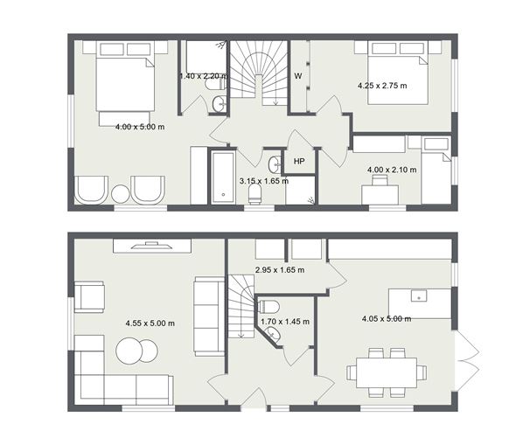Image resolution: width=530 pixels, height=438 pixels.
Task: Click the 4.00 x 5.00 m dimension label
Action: tap(140, 127)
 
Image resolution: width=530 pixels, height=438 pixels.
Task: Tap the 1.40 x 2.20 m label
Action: tap(203, 76)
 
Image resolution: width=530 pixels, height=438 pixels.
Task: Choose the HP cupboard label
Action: tap(299, 162)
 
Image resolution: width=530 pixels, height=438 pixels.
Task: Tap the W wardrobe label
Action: tap(298, 76)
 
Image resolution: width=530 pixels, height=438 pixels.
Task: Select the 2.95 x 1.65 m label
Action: tap(279, 270)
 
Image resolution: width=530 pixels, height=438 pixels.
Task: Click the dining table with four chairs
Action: tap(386, 372)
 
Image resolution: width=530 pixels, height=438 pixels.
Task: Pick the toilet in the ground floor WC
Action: tap(269, 307)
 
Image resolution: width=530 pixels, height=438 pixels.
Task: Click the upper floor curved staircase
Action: tap(259, 74)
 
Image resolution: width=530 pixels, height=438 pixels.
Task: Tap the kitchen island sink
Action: tap(419, 295)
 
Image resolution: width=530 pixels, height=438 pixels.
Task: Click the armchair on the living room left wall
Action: tap(88, 295)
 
